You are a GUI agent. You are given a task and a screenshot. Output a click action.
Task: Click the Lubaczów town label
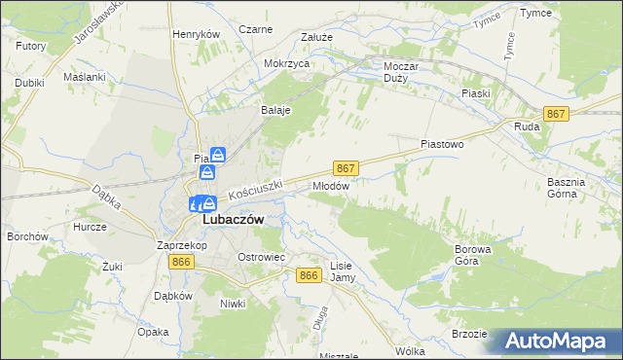[x=233, y=220]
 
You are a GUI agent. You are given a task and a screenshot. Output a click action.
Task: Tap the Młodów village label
[x=330, y=184]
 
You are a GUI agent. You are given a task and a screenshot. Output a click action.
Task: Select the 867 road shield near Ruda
[x=557, y=114]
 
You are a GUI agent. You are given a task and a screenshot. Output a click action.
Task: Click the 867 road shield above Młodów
[x=346, y=167]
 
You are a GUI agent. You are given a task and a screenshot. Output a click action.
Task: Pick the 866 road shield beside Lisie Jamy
[x=310, y=275]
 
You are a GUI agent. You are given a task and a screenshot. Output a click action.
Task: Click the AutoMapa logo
[x=560, y=342]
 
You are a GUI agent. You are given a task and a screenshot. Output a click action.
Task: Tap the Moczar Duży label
[x=401, y=72]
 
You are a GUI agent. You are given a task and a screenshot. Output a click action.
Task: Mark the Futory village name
[x=31, y=46]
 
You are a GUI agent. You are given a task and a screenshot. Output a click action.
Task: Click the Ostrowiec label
[x=261, y=257]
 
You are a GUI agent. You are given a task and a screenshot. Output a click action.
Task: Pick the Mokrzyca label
[x=287, y=63]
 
